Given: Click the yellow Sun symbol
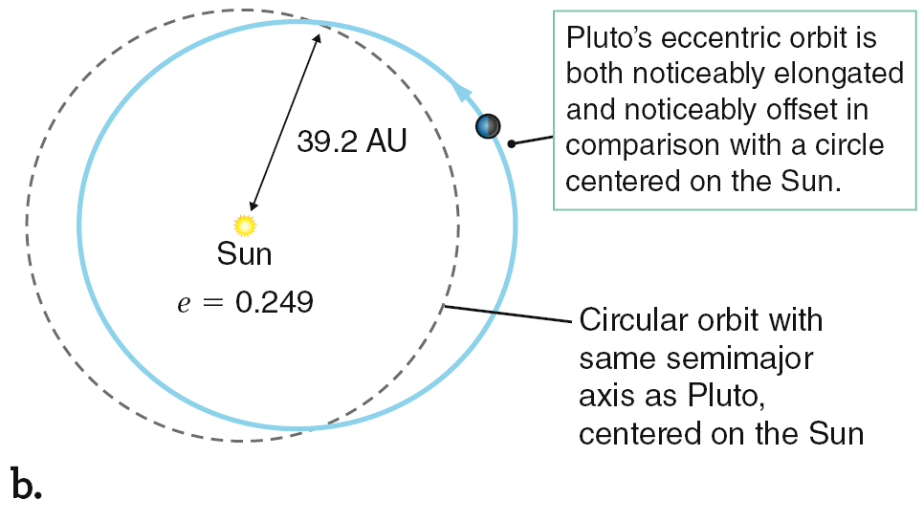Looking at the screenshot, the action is click(x=245, y=226).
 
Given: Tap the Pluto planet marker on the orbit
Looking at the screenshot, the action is click(x=488, y=126).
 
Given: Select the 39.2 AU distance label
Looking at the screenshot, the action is click(x=352, y=141).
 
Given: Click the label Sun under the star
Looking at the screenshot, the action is click(x=244, y=254).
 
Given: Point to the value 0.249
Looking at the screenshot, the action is click(x=274, y=303).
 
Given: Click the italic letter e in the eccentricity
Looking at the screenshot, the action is click(x=184, y=304).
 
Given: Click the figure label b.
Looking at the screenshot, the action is click(x=26, y=484).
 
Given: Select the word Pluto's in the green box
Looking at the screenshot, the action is click(x=609, y=38).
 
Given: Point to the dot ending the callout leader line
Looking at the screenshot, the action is click(x=512, y=143).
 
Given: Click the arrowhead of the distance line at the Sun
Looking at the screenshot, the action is click(x=253, y=206).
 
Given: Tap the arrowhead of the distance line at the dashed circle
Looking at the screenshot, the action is click(x=317, y=39).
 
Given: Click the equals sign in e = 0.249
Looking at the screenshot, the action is click(x=212, y=303).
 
